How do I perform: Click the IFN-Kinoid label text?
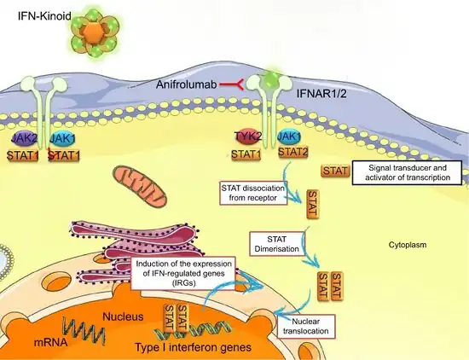click(44, 15)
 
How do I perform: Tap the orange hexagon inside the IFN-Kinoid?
click(94, 31)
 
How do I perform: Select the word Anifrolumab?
click(187, 84)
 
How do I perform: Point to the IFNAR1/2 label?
click(321, 94)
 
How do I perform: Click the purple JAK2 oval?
click(25, 137)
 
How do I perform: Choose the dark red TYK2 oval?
click(248, 136)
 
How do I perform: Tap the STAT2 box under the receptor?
click(293, 153)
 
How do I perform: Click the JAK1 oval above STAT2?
click(289, 136)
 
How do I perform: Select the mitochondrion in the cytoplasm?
click(140, 186)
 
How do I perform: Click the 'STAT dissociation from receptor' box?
click(253, 193)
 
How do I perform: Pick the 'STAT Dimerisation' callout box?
click(277, 244)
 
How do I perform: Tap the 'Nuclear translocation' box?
click(306, 326)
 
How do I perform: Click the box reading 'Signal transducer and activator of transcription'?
click(408, 172)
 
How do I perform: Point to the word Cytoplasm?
click(408, 245)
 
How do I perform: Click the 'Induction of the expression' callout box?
click(183, 273)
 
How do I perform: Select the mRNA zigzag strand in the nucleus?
click(84, 329)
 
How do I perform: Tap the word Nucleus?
click(123, 316)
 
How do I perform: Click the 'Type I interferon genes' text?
click(194, 347)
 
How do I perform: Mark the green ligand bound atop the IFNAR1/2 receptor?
click(270, 79)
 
